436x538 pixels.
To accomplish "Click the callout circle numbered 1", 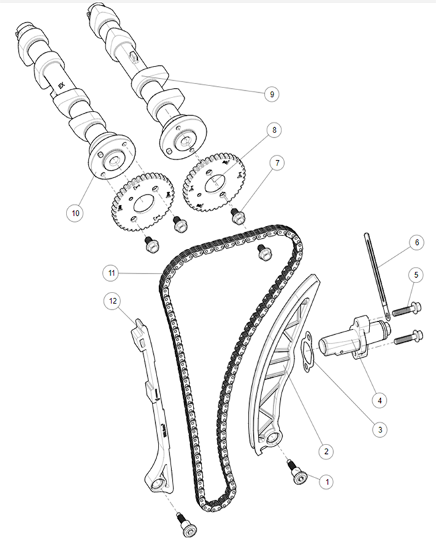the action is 327,482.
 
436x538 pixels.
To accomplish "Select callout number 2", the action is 326,451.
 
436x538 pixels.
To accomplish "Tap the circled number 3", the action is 380,429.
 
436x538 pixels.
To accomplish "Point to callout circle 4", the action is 380,399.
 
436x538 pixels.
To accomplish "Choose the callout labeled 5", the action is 416,274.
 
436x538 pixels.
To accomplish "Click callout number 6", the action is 417,242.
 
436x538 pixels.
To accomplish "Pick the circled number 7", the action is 277,163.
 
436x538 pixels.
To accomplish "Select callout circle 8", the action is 274,130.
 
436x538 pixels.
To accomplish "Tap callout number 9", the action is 271,94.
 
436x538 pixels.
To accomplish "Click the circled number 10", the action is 75,213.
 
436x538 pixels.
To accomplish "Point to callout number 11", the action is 112,273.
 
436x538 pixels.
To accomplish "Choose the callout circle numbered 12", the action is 113,301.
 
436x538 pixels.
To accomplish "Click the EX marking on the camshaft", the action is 61,85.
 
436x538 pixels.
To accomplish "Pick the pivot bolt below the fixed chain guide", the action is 186,525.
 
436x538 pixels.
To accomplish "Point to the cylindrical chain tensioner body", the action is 353,340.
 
